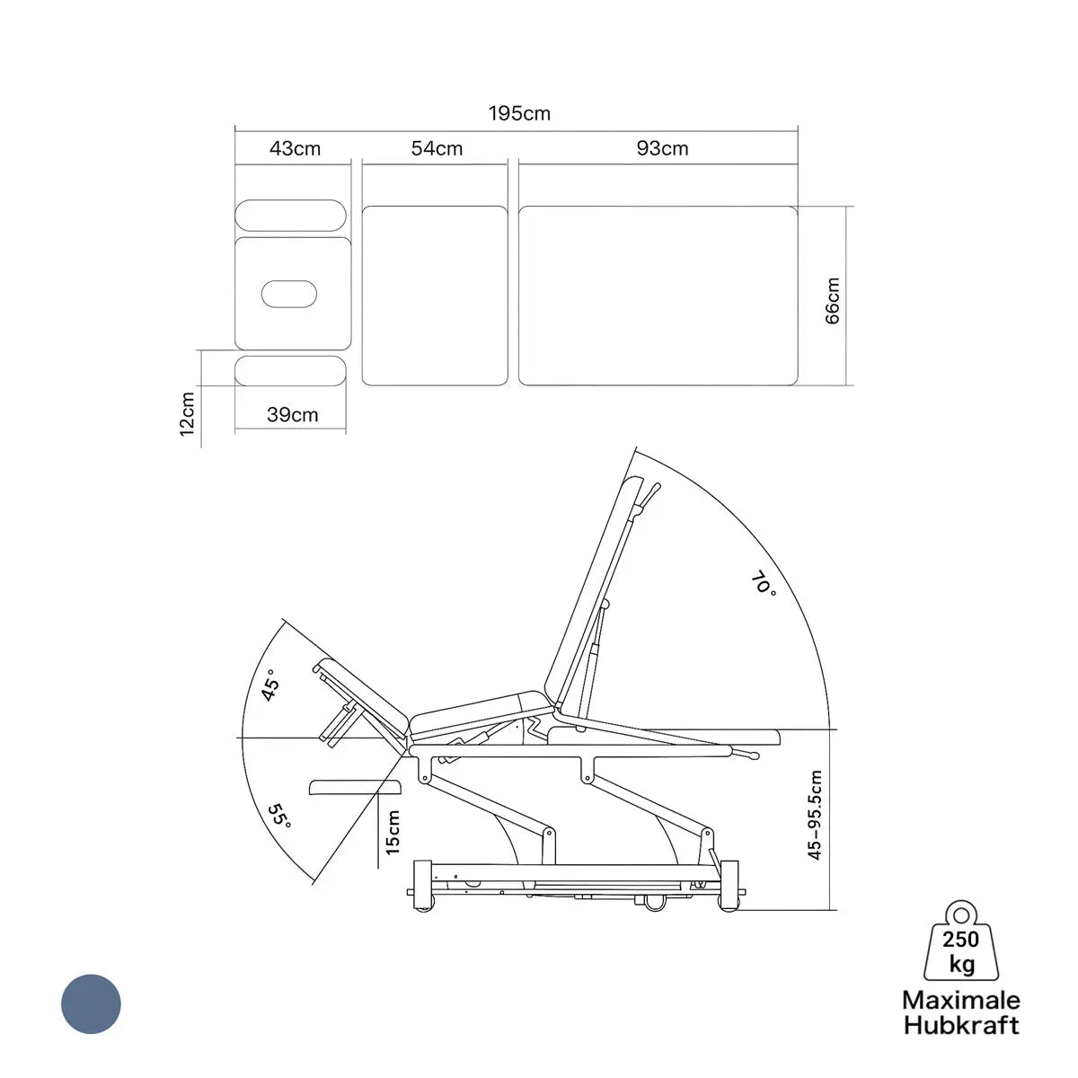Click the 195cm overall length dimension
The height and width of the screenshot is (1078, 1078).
pos(519,113)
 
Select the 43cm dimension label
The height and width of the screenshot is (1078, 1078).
pos(295,149)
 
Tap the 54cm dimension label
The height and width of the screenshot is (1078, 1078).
pos(437,148)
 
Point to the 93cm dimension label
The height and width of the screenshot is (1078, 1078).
pos(662,148)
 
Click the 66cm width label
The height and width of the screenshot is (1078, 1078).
pos(833,300)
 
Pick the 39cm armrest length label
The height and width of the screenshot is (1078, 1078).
pos(293,414)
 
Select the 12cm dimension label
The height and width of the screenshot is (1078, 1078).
pos(187,414)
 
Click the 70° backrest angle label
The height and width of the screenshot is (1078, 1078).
pos(764,583)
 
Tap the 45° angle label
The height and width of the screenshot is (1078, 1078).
pos(270,685)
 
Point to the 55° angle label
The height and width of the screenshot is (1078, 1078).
pos(279,817)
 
